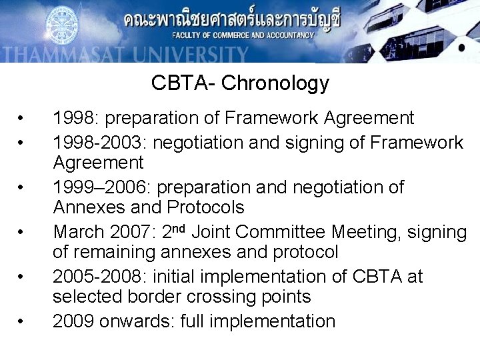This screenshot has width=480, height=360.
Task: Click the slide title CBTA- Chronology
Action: (240, 83)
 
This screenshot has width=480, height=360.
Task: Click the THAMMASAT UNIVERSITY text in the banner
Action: (124, 54)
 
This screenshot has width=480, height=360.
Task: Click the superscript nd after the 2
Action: (184, 228)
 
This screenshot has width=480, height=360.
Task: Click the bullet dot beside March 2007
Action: (22, 233)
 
